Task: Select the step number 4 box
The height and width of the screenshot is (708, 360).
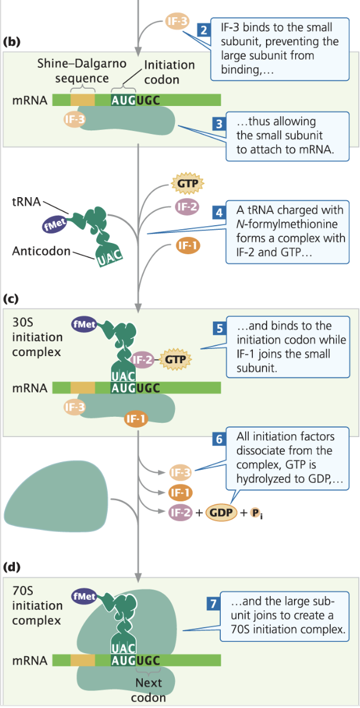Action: (x=220, y=212)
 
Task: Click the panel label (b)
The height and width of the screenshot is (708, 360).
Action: (x=12, y=42)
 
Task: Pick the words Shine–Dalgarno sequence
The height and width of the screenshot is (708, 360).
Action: (x=73, y=71)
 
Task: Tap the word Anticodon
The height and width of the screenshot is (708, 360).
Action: (x=40, y=251)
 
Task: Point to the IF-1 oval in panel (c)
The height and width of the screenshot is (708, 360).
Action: (x=136, y=419)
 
